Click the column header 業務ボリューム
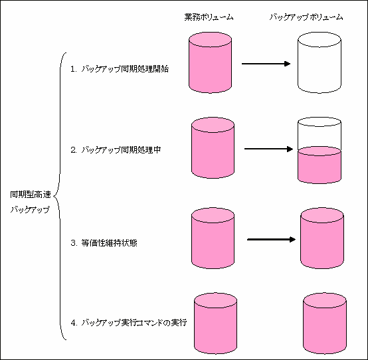point(209,17)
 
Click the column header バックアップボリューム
point(306,17)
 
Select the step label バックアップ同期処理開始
point(125,69)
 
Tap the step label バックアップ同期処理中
point(121,149)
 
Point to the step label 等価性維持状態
point(109,243)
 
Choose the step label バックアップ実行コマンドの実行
point(134,323)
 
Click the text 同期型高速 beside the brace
point(31,195)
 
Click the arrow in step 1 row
point(266,64)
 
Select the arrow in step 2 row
point(269,149)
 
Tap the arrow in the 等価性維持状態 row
point(272,239)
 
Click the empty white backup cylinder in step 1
point(320,62)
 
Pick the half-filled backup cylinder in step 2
point(320,150)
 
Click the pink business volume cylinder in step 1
point(211,62)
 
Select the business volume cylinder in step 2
point(213,148)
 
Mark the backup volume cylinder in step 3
point(322,238)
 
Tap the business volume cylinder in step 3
point(213,238)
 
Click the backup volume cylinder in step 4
point(325,323)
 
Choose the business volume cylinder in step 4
point(215,323)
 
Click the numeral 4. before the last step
point(74,323)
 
